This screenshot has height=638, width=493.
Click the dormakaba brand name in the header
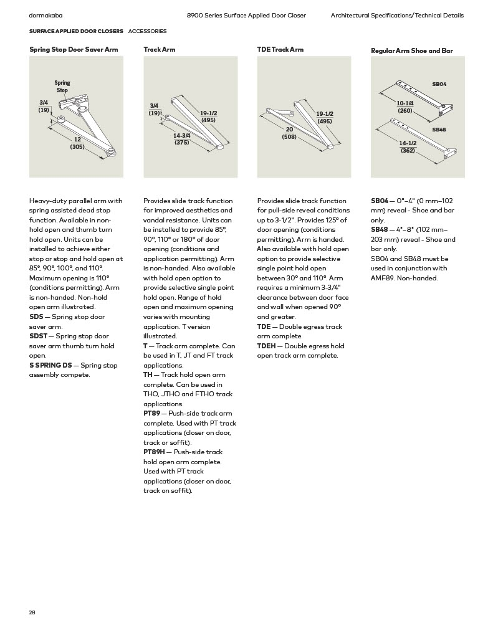[x=45, y=15]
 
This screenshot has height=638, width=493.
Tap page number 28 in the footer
[x=32, y=612]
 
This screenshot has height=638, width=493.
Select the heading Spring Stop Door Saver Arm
[x=74, y=49]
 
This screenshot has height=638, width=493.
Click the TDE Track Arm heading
[x=280, y=49]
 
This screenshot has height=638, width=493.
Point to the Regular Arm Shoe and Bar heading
[x=411, y=50]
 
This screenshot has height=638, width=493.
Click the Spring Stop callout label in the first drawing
[x=62, y=87]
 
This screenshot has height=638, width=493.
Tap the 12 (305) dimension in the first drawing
[x=77, y=143]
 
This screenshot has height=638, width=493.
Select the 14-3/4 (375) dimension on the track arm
[x=181, y=139]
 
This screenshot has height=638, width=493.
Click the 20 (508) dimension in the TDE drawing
[x=289, y=133]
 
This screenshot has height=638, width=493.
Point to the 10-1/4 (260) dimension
[x=405, y=107]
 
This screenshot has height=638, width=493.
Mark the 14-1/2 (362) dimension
[x=408, y=146]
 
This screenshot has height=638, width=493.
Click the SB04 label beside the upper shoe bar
[x=439, y=83]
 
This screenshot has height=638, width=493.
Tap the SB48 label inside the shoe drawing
[x=439, y=130]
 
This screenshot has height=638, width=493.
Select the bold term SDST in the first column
[x=38, y=336]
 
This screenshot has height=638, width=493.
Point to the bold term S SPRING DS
[x=50, y=365]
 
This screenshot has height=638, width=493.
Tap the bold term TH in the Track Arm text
[x=148, y=374]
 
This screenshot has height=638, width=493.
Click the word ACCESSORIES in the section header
[x=147, y=31]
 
